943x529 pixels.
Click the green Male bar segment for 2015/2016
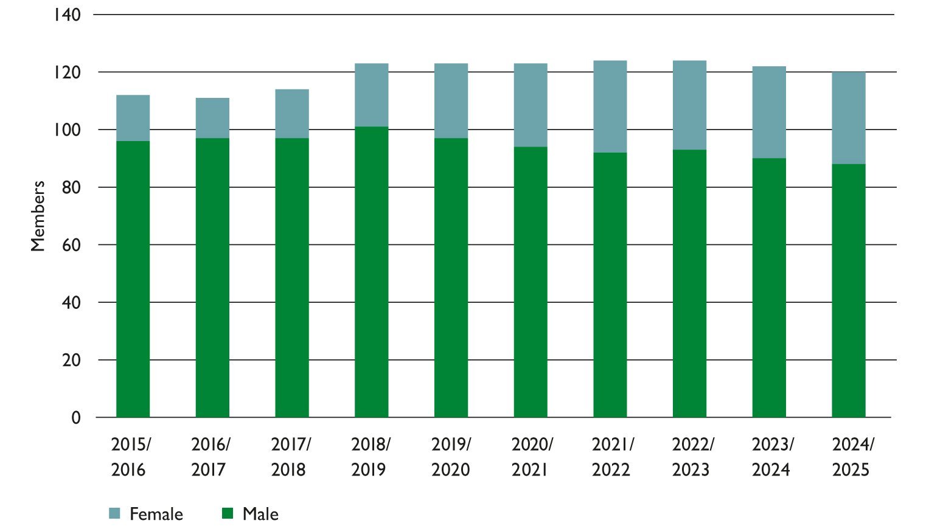click(133, 280)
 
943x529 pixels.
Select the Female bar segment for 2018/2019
click(371, 95)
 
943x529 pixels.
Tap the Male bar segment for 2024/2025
click(848, 291)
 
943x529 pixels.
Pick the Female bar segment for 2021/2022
click(610, 106)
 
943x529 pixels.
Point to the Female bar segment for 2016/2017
click(212, 118)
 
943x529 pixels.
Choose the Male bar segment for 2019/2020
click(451, 278)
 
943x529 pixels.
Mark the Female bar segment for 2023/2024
click(769, 112)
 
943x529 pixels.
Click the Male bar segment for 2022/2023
click(689, 283)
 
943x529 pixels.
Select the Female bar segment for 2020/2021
click(531, 105)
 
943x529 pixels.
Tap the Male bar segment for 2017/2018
click(292, 278)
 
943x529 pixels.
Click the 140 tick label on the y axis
click(66, 15)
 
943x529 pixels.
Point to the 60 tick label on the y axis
click(71, 245)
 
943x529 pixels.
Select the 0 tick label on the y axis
click(75, 418)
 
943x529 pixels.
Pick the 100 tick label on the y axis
click(66, 130)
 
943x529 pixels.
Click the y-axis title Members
click(38, 216)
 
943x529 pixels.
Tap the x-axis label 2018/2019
click(371, 457)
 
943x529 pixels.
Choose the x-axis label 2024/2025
click(852, 457)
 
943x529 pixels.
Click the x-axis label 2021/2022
click(611, 457)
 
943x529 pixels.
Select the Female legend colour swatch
click(115, 514)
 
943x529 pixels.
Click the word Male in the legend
click(260, 514)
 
